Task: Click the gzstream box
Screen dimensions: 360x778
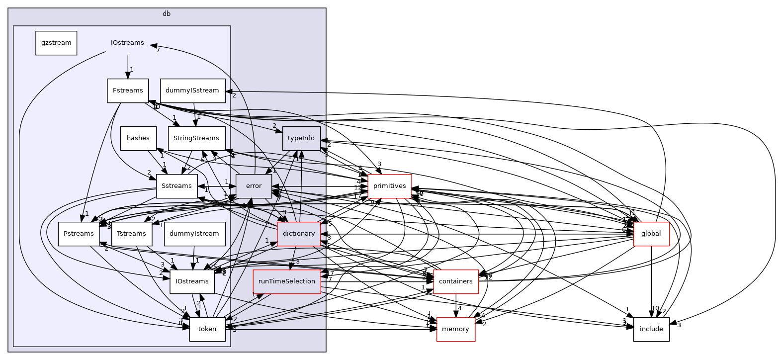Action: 56,43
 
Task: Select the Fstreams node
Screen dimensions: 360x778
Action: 128,90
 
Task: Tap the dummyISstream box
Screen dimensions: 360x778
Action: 192,90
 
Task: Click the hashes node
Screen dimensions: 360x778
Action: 138,138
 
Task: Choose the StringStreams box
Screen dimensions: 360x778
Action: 197,138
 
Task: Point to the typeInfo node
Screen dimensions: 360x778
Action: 301,138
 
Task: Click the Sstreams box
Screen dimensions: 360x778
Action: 176,186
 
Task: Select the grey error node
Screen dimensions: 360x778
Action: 254,186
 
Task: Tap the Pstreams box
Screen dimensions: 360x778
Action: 79,234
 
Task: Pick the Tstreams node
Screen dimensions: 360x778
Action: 132,234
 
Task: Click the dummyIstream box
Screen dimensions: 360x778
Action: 194,234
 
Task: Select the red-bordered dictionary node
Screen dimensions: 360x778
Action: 298,234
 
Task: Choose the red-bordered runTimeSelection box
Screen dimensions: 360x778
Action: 287,281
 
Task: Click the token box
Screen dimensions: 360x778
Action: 207,329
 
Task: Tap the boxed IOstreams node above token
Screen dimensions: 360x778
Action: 192,281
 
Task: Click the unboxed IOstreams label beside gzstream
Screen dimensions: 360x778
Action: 127,43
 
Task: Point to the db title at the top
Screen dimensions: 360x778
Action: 167,13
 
